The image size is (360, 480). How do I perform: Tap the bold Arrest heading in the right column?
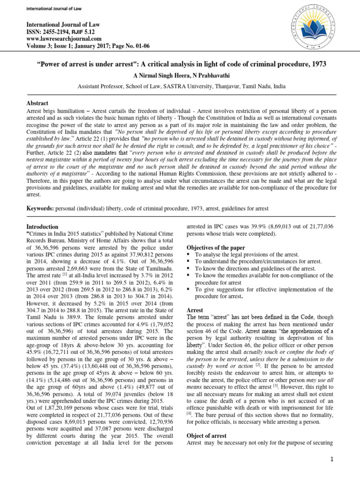195,310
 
